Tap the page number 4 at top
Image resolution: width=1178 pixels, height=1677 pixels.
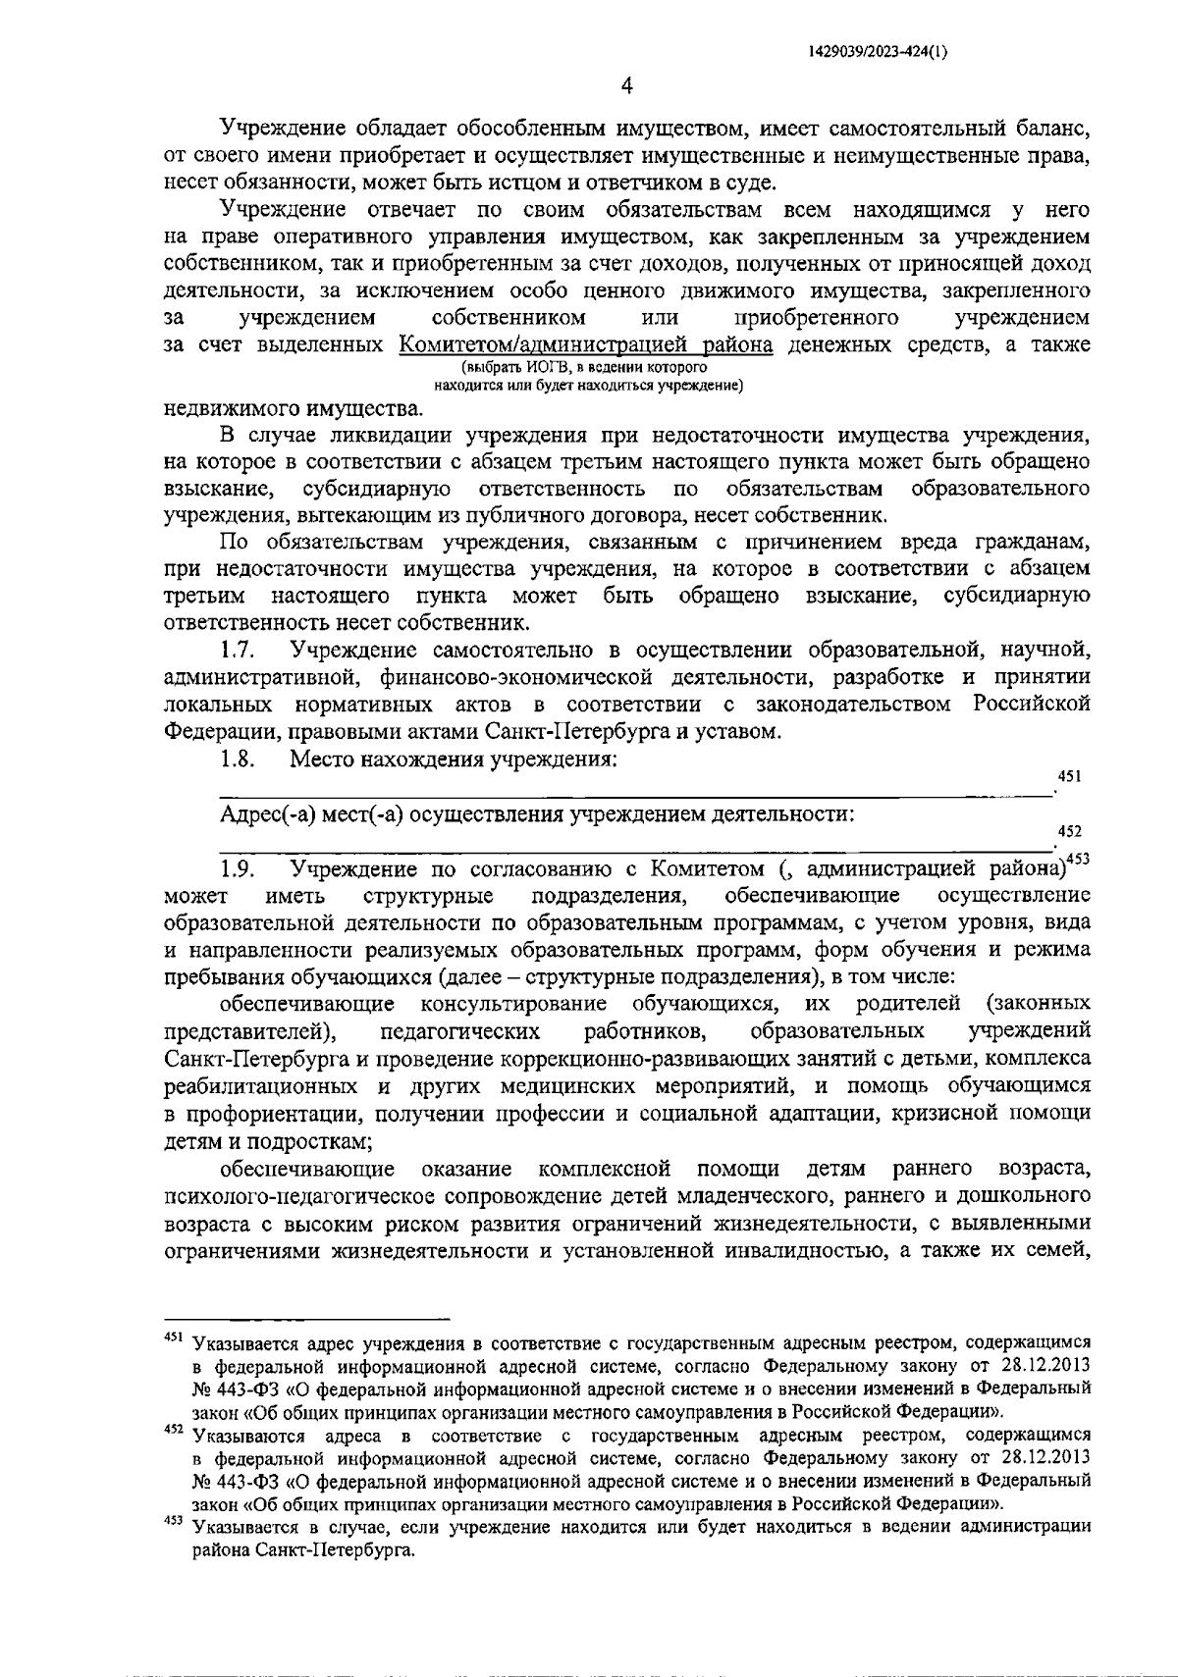pyautogui.click(x=626, y=87)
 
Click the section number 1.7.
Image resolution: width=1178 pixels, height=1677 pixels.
pyautogui.click(x=238, y=649)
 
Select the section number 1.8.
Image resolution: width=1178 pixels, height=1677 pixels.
pyautogui.click(x=238, y=759)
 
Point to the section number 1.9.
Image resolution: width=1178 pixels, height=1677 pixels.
pyautogui.click(x=238, y=868)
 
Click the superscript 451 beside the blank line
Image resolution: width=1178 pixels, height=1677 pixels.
pyautogui.click(x=1069, y=776)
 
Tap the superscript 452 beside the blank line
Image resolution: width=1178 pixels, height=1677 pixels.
pyautogui.click(x=1069, y=831)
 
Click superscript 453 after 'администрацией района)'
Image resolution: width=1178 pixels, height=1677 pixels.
pyautogui.click(x=1079, y=860)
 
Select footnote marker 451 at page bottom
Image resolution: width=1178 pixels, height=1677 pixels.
pyautogui.click(x=174, y=1337)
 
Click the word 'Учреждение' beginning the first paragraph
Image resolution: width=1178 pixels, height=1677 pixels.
pyautogui.click(x=283, y=127)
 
